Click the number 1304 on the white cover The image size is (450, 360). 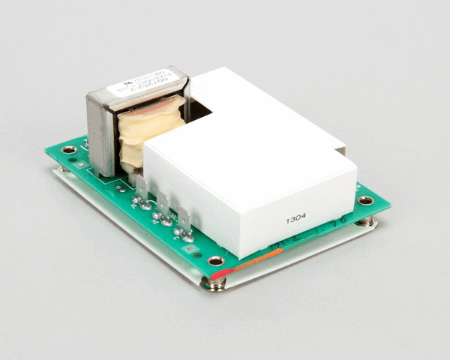coord(295,220)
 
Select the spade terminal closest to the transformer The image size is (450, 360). coord(142,186)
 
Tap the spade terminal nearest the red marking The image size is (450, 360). coord(183,220)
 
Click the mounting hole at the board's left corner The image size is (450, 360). coord(69,150)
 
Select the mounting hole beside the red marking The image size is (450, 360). coord(216,262)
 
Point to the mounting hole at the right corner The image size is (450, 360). coord(364,200)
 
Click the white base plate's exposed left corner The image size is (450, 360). coord(55,173)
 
